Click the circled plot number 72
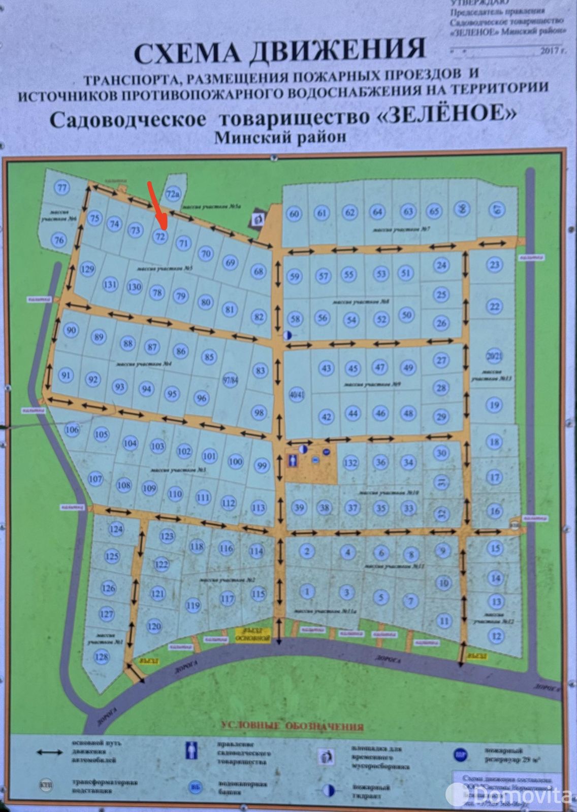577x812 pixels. point(161,236)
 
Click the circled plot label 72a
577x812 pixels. point(173,194)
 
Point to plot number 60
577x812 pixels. point(294,214)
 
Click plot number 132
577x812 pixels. point(350,462)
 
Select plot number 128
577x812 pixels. point(102,657)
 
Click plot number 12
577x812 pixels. point(496,636)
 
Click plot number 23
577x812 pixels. point(494,264)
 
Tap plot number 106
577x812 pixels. point(73,430)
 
